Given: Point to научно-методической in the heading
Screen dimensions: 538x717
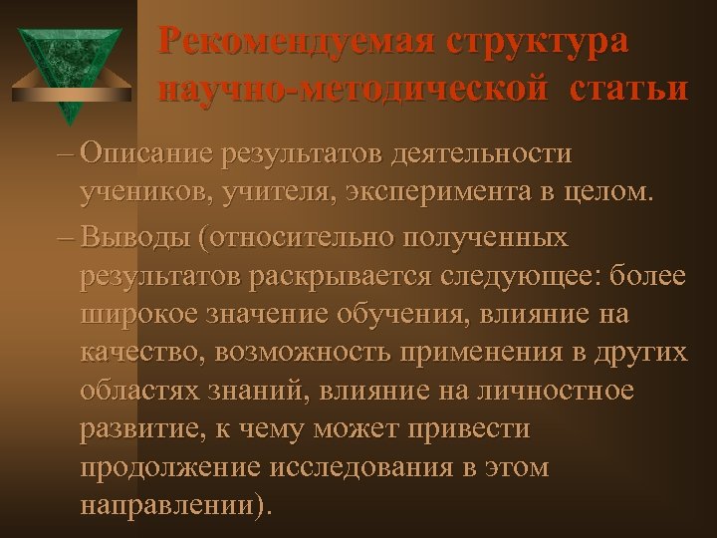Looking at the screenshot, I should pyautogui.click(x=354, y=89).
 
